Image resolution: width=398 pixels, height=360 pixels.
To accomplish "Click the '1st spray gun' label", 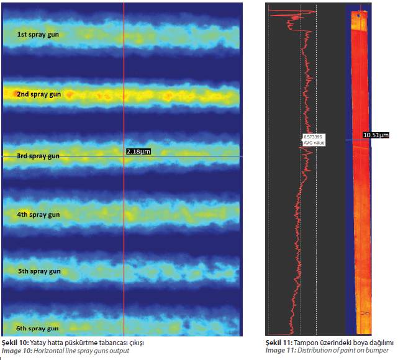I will pyautogui.click(x=38, y=35).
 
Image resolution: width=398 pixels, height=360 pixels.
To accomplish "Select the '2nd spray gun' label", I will pyautogui.click(x=38, y=94).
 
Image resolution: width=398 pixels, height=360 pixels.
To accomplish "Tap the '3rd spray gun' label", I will pyautogui.click(x=38, y=156).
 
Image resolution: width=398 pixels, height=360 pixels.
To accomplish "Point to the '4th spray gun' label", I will pyautogui.click(x=38, y=214).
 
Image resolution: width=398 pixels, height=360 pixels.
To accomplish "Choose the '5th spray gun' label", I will pyautogui.click(x=38, y=271).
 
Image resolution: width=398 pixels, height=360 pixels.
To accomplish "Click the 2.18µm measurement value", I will pyautogui.click(x=138, y=151).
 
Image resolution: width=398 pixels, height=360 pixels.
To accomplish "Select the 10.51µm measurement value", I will pyautogui.click(x=376, y=135).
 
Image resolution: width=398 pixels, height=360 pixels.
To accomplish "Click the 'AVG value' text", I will pyautogui.click(x=313, y=143).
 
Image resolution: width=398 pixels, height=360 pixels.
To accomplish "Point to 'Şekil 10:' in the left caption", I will pyautogui.click(x=16, y=343).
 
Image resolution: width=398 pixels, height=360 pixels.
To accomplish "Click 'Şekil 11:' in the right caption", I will pyautogui.click(x=279, y=343).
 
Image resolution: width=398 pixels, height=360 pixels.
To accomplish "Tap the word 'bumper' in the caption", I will pyautogui.click(x=379, y=351).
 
